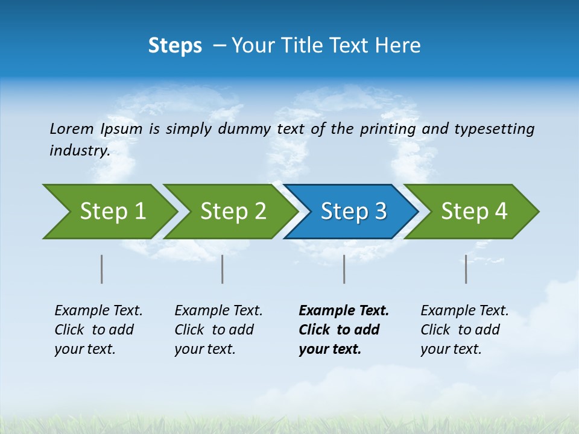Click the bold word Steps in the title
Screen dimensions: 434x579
click(175, 46)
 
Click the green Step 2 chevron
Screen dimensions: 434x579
click(233, 212)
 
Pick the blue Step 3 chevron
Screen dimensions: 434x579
click(353, 212)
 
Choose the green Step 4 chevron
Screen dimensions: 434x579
click(474, 212)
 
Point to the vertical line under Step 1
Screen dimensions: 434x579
click(102, 269)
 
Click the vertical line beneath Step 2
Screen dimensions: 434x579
click(223, 269)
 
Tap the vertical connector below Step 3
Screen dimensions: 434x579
click(344, 269)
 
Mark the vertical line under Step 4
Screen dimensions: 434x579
click(466, 269)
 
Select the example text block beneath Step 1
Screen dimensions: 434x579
click(98, 330)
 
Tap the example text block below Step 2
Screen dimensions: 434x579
click(218, 330)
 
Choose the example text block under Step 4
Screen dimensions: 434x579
click(464, 330)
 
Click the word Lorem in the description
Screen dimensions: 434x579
click(71, 129)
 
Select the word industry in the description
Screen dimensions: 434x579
click(79, 151)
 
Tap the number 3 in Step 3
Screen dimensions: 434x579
click(379, 212)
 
